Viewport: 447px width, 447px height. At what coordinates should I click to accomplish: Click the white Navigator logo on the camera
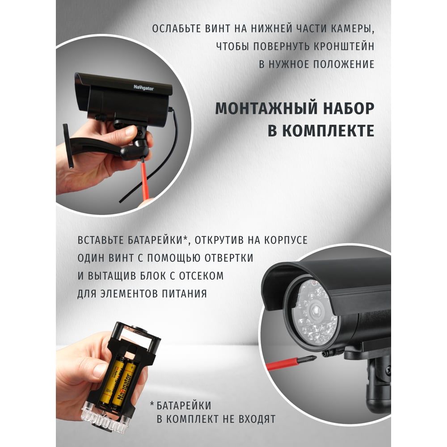143,88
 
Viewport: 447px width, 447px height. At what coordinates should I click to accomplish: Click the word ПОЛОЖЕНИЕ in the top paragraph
344,64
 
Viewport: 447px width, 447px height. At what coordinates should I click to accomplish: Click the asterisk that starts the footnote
152,404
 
